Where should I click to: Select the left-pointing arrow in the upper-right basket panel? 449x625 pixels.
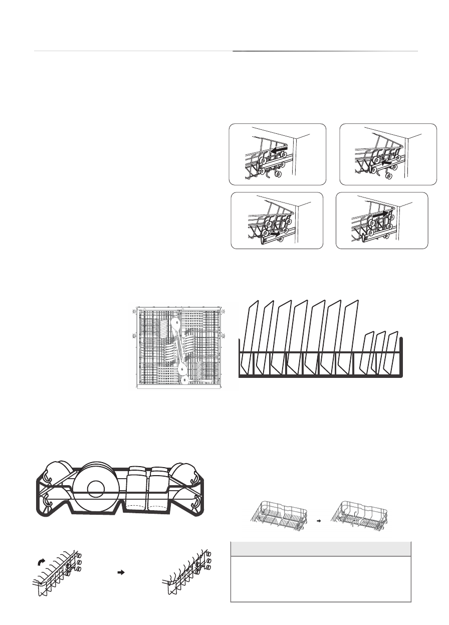click(386, 162)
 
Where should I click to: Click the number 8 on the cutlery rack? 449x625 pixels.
click(185, 380)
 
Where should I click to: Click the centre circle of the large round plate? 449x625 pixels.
click(95, 489)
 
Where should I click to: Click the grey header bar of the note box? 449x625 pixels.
click(320, 549)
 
